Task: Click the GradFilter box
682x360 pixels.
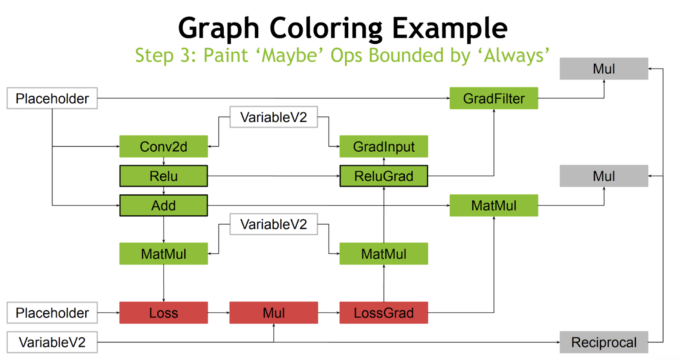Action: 494,98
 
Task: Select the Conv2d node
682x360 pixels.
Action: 164,147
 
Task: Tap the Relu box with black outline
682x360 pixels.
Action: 164,176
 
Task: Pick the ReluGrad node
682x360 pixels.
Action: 384,176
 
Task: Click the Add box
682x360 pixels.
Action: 164,205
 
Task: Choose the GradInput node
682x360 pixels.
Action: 384,147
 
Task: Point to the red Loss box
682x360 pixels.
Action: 164,313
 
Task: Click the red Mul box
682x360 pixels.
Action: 274,313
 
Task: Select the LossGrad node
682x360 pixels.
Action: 384,313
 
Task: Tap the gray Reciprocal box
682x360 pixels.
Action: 604,342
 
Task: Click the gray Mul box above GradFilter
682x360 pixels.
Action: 604,69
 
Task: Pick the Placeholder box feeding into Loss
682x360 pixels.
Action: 52,313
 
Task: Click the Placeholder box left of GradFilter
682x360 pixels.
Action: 52,98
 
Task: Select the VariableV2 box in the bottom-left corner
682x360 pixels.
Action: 52,342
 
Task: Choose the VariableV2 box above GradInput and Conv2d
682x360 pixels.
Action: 274,117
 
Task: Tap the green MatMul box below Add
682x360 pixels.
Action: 164,253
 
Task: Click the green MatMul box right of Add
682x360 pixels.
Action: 494,205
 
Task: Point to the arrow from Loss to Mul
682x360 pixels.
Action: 219,313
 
